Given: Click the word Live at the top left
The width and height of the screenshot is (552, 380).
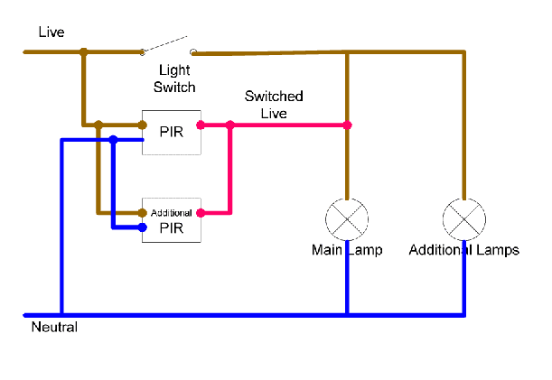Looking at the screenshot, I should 51,32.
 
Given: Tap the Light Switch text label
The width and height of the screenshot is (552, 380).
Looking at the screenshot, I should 177,79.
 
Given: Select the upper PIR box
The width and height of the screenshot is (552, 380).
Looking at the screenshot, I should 171,133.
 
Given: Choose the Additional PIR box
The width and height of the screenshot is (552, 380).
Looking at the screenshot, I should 171,220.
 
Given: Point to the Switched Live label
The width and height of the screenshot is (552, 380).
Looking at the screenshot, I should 275,104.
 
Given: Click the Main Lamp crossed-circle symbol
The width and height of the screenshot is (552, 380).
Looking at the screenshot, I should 347,218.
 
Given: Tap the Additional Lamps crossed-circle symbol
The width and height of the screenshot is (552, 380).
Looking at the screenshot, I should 464,218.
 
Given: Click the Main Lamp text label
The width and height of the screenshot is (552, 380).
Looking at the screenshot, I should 347,250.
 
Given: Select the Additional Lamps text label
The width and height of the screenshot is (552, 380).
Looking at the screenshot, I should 464,250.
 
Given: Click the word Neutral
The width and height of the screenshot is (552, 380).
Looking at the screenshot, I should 54,328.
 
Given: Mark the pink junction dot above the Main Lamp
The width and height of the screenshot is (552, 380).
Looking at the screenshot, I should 347,125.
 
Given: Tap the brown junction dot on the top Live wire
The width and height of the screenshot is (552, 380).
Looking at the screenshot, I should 83,52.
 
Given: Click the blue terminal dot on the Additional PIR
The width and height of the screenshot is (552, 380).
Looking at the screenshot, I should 143,228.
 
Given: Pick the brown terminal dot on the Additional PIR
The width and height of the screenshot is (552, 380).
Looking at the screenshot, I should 143,213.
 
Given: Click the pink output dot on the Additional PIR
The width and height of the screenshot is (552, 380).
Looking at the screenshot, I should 200,213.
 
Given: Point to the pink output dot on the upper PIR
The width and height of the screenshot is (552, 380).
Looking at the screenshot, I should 200,125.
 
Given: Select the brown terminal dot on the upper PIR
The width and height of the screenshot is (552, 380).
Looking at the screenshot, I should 143,125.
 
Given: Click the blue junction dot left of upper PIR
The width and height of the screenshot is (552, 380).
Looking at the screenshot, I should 113,140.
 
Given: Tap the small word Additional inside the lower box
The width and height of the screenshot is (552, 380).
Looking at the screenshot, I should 171,212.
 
